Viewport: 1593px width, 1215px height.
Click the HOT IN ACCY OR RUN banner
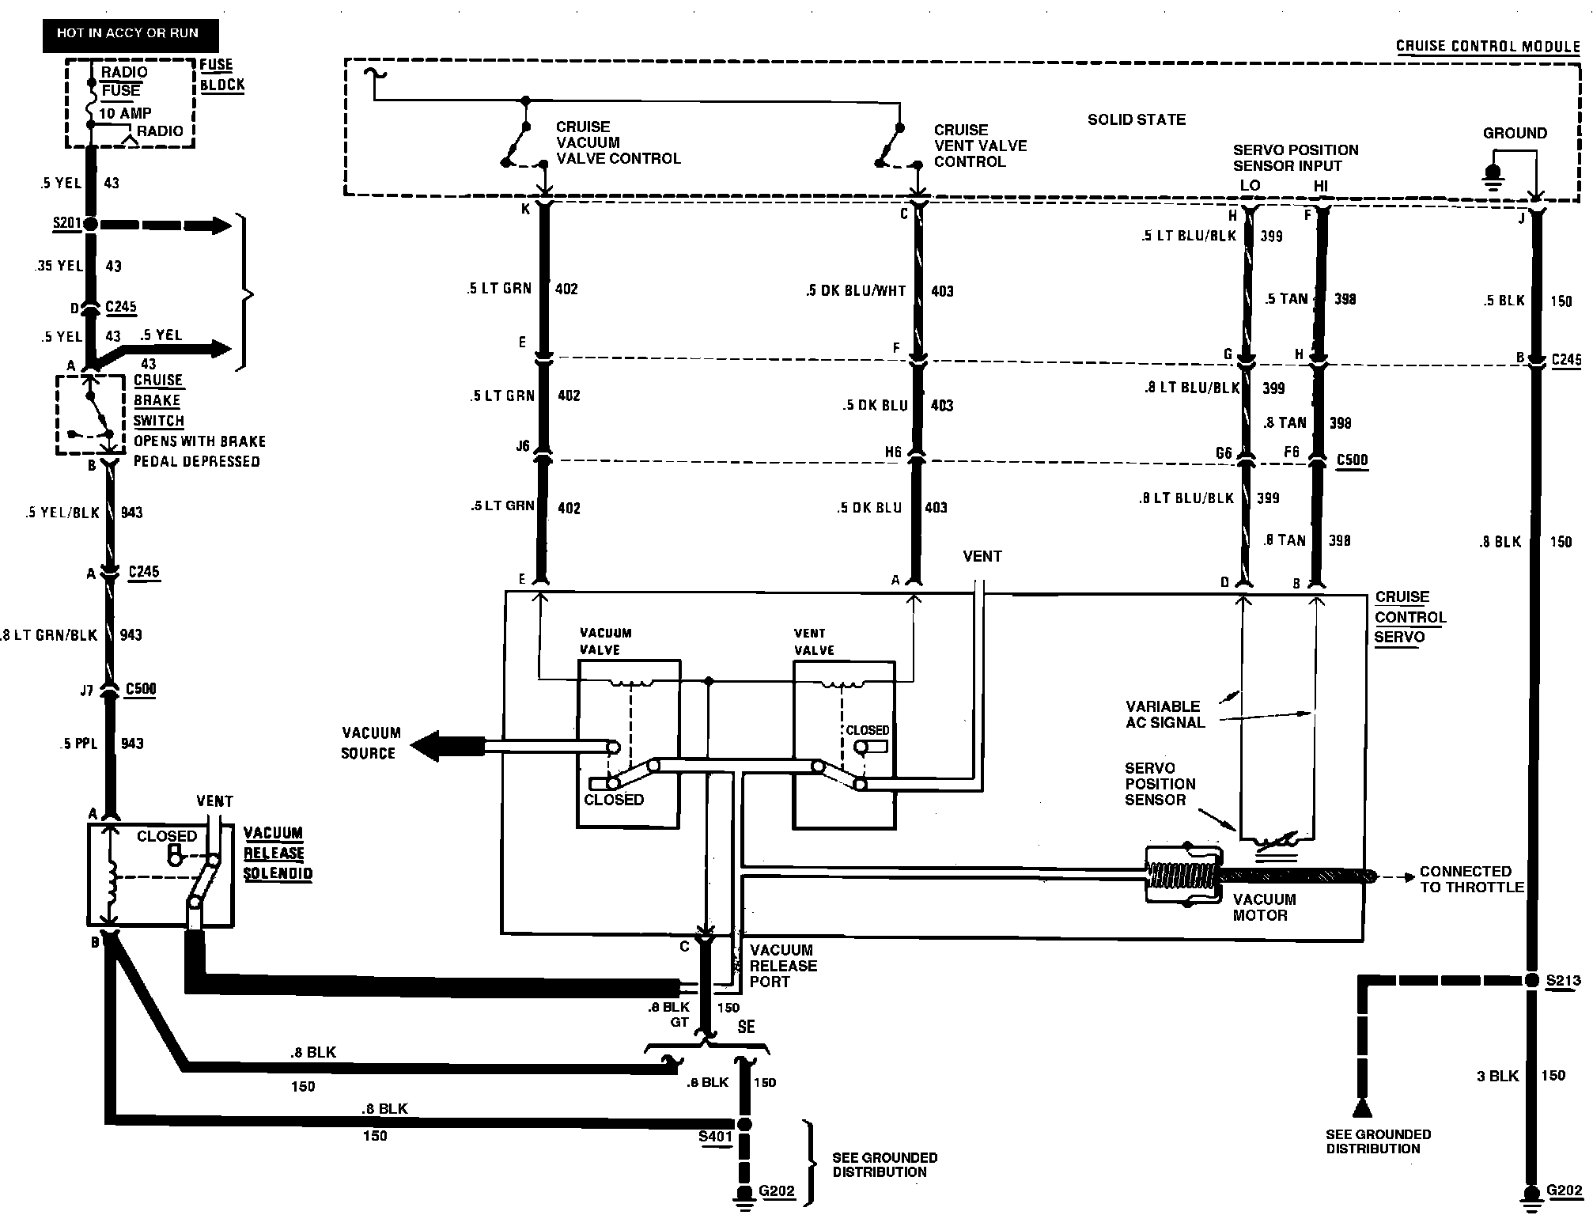click(x=130, y=34)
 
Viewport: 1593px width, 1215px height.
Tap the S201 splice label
click(x=67, y=223)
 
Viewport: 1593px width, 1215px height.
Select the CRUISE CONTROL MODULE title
click(x=1487, y=46)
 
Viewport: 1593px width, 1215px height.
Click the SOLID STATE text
click(x=1136, y=120)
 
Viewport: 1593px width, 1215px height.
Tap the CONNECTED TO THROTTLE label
click(x=1471, y=879)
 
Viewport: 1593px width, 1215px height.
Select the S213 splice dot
click(x=1532, y=981)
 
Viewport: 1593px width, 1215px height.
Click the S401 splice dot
click(x=744, y=1123)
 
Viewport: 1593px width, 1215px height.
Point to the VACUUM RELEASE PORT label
click(x=783, y=966)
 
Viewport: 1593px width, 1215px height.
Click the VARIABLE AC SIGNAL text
click(x=1165, y=714)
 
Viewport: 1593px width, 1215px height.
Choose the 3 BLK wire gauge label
click(x=1497, y=1076)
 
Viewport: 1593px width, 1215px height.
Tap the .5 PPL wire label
click(x=78, y=744)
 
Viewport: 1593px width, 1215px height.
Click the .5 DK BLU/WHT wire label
click(x=856, y=291)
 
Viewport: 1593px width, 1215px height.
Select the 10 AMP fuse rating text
click(x=125, y=113)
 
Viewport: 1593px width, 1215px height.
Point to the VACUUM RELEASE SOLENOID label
click(x=278, y=854)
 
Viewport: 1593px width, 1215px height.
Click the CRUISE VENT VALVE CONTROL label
click(x=980, y=146)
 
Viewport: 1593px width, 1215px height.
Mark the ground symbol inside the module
click(x=1493, y=176)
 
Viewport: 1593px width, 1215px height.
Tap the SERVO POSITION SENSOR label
click(x=1160, y=784)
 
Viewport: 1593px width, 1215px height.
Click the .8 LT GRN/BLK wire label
click(x=50, y=634)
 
